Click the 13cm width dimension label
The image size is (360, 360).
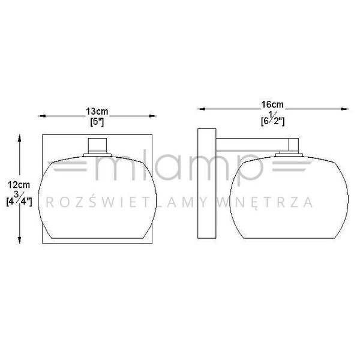tap(97, 112)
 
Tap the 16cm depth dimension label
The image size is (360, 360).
tap(272, 104)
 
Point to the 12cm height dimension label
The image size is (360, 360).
tap(19, 185)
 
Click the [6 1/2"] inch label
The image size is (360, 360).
tap(273, 119)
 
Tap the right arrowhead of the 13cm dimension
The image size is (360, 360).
tap(152, 116)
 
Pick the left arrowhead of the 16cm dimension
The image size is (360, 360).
tap(202, 109)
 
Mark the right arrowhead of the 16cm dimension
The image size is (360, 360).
tap(344, 109)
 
